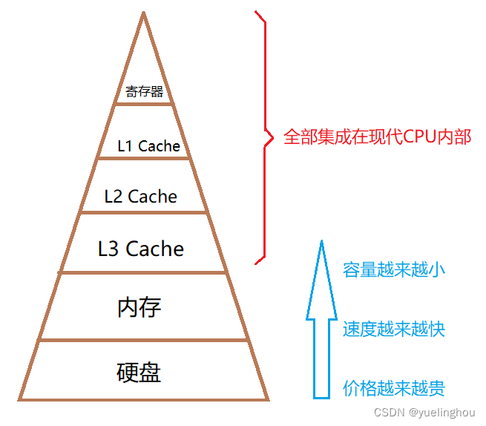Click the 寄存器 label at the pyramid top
pyautogui.click(x=144, y=93)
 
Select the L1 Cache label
pyautogui.click(x=148, y=146)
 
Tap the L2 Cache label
pyautogui.click(x=141, y=197)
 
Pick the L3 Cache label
pyautogui.click(x=141, y=248)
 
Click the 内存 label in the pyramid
pyautogui.click(x=139, y=307)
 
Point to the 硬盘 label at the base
pyautogui.click(x=139, y=371)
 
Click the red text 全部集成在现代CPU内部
pyautogui.click(x=377, y=137)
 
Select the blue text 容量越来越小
pyautogui.click(x=394, y=269)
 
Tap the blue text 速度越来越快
pyautogui.click(x=394, y=329)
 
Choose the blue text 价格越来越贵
pyautogui.click(x=394, y=388)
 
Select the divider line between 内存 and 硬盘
pyautogui.click(x=142, y=341)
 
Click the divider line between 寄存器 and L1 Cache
pyautogui.click(x=144, y=104)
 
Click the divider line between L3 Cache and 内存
pyautogui.click(x=142, y=273)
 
